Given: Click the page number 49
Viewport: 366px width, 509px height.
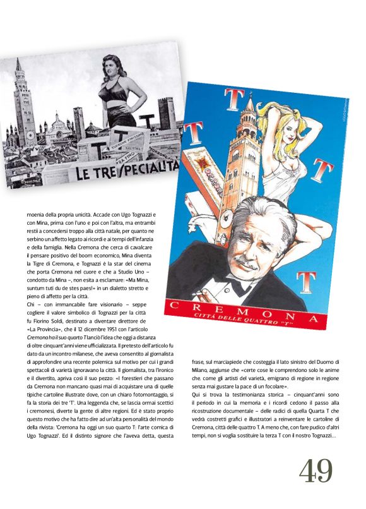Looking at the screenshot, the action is click(316, 470).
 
